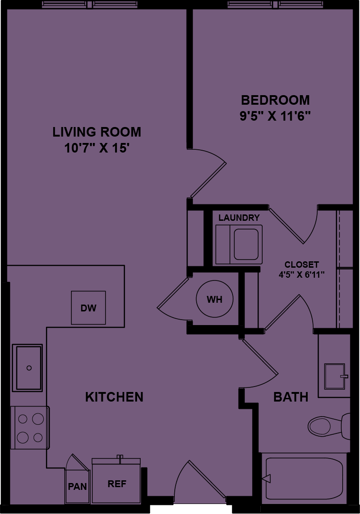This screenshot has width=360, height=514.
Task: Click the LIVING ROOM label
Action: point(96,132)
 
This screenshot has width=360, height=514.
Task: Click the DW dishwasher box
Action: point(88,308)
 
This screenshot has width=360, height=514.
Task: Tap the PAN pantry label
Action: point(77,486)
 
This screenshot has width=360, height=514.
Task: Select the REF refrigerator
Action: point(117,483)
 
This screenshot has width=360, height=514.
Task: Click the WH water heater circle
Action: point(214,300)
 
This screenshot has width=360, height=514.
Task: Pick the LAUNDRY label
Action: point(239,218)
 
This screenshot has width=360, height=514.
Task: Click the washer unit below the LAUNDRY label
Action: point(239,244)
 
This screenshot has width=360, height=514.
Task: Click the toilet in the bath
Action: point(328,426)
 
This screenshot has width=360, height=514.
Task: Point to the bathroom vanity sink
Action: point(335,376)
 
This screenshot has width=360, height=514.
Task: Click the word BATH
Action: point(290,397)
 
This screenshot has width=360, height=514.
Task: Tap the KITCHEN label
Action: point(114,397)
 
